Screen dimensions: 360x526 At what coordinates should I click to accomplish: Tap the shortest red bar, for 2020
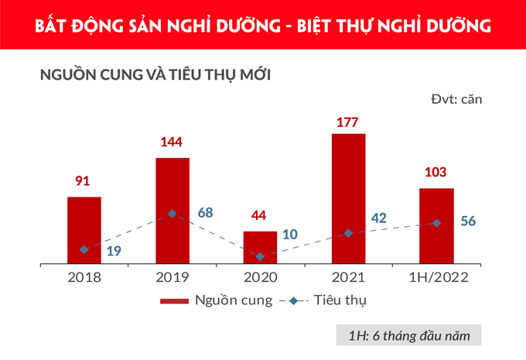[260, 247]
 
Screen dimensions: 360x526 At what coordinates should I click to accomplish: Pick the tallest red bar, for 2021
[348, 198]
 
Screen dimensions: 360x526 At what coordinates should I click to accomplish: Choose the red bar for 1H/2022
[436, 225]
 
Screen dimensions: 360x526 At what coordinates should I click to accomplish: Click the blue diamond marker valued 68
[172, 213]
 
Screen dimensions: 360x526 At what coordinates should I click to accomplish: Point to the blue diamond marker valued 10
[260, 256]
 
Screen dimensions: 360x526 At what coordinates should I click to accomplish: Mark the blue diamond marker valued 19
[84, 249]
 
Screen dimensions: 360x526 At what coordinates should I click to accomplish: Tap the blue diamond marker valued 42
[348, 233]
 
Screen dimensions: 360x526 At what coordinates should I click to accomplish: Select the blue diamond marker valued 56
[437, 223]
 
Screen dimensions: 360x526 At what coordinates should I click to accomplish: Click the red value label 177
[349, 122]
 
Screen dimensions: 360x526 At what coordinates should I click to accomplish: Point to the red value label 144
[172, 143]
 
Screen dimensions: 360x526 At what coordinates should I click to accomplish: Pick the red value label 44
[260, 215]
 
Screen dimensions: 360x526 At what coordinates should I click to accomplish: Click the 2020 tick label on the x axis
[260, 277]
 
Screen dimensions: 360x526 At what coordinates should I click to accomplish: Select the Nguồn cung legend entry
[216, 301]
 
